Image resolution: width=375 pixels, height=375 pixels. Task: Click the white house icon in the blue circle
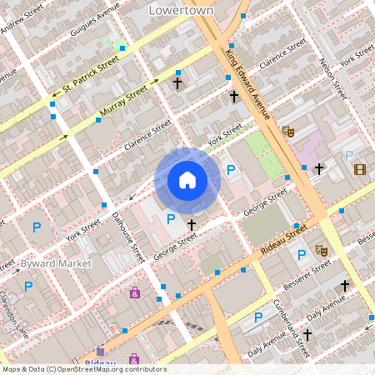point(187,179)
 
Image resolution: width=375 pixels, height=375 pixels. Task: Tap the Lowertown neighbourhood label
point(180,10)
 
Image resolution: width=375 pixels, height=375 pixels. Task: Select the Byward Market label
point(45,262)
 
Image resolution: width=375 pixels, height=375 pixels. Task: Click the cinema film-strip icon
point(359,170)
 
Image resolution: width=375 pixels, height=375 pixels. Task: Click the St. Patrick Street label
point(92,78)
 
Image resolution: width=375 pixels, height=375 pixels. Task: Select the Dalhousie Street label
point(129,237)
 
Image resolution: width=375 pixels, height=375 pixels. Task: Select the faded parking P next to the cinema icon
point(348,155)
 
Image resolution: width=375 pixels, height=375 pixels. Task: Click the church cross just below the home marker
point(192,224)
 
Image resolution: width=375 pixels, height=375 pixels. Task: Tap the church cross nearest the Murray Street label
point(177,83)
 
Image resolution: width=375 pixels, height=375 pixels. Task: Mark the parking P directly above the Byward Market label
point(36,227)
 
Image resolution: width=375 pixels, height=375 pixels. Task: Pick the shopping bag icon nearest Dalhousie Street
point(134,292)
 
